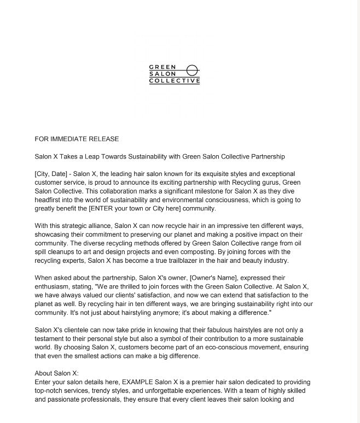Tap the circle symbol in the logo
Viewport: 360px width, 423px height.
192,70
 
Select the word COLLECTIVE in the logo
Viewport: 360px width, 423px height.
175,81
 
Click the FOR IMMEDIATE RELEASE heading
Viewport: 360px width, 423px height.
77,139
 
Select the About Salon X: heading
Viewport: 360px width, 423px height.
57,373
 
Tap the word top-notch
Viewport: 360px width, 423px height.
50,391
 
